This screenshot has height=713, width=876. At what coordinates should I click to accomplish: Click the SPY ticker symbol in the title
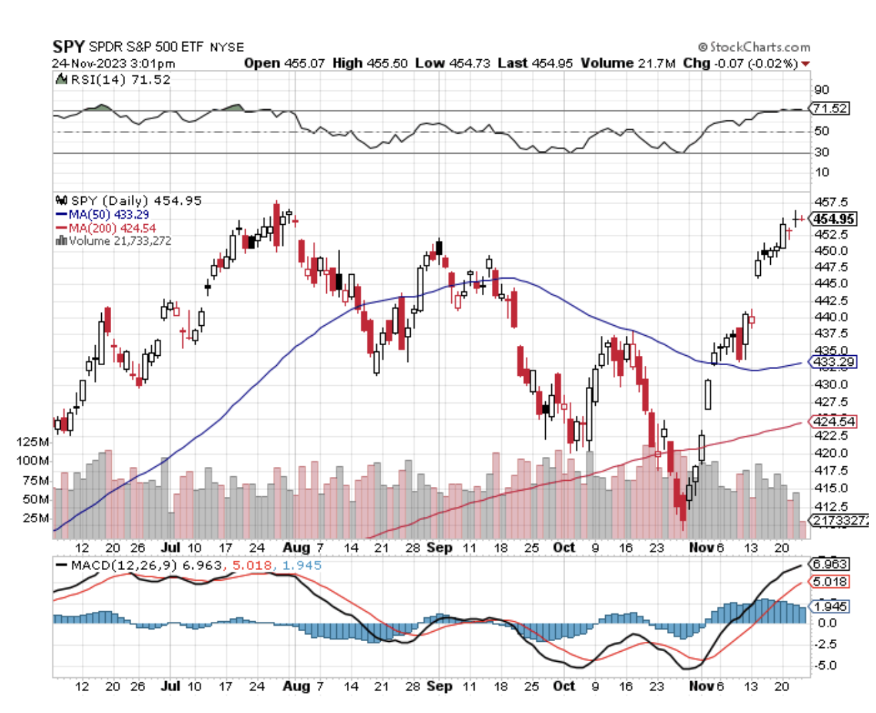click(x=69, y=47)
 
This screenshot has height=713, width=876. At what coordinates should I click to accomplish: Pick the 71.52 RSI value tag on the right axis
click(x=830, y=108)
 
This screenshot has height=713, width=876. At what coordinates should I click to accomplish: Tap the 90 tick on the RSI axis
click(x=821, y=90)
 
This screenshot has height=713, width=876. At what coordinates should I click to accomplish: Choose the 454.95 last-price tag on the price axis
click(x=833, y=219)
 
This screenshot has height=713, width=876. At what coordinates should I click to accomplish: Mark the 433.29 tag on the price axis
click(x=833, y=362)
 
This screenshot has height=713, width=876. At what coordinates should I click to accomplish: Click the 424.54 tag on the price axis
click(x=833, y=421)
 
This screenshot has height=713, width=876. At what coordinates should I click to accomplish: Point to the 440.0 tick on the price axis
click(x=830, y=317)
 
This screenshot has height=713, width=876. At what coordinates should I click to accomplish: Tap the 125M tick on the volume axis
click(x=33, y=442)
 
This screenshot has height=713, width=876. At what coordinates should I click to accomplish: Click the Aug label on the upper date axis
click(x=296, y=547)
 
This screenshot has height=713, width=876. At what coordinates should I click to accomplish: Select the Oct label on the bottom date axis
click(x=564, y=686)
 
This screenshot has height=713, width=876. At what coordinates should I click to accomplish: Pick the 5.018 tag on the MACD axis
click(x=830, y=581)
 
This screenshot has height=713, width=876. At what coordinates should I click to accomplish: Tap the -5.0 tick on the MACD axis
click(x=826, y=665)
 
